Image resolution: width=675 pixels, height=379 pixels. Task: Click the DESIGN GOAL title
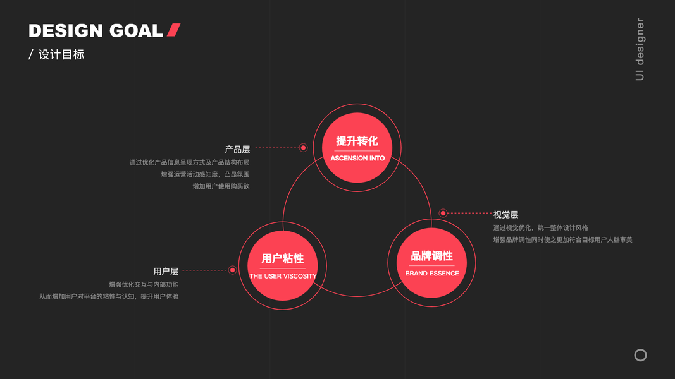(x=96, y=31)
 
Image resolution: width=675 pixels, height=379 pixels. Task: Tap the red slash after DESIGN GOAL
(x=174, y=30)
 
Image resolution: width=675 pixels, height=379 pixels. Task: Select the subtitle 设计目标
(x=61, y=54)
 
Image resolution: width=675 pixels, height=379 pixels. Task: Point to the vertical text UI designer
(x=640, y=50)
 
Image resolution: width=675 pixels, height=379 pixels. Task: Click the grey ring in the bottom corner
(x=640, y=355)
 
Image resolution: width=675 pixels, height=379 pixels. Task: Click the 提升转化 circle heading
(x=357, y=141)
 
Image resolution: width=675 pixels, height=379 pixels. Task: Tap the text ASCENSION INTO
(x=357, y=158)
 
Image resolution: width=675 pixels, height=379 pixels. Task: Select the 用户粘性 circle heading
(x=283, y=258)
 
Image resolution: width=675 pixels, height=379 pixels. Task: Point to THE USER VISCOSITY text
(x=283, y=276)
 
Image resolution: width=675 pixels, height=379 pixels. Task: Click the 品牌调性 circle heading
(x=432, y=256)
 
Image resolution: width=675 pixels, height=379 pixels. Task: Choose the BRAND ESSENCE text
(x=432, y=274)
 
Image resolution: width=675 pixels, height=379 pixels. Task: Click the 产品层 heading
(x=237, y=150)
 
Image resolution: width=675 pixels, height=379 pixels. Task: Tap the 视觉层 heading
(x=505, y=215)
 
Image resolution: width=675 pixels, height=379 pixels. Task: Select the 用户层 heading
(x=166, y=272)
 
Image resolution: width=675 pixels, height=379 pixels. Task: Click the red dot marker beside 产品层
(x=303, y=148)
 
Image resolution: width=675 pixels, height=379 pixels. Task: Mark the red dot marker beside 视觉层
(x=443, y=214)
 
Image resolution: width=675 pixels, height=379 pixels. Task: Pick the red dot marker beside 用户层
(x=232, y=270)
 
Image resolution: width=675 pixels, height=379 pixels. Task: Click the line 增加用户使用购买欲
(x=221, y=186)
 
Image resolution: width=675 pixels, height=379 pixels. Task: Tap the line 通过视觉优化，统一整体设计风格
(x=540, y=227)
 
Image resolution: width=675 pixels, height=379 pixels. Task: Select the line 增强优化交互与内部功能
(x=144, y=284)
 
